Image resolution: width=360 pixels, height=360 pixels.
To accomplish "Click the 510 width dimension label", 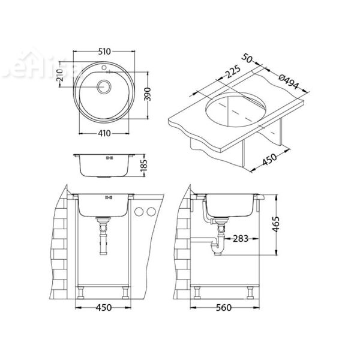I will click(x=109, y=51).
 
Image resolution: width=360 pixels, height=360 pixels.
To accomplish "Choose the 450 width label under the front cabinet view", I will click(x=104, y=309).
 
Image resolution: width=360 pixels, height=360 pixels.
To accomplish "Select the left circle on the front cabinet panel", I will click(x=140, y=212).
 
